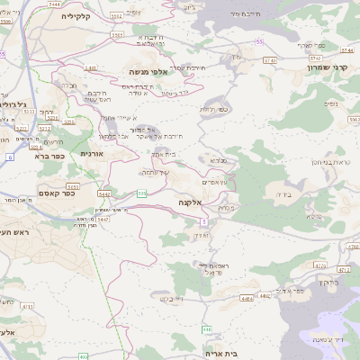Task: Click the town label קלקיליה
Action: click(x=78, y=16)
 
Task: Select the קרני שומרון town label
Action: click(x=325, y=66)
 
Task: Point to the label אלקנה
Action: click(x=192, y=204)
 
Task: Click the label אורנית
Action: click(x=92, y=155)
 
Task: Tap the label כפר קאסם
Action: click(x=57, y=191)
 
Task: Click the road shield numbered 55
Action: click(x=260, y=41)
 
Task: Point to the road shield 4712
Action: click(x=343, y=270)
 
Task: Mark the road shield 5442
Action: click(x=104, y=193)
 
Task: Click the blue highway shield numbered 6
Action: click(x=10, y=157)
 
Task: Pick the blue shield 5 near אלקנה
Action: click(x=204, y=220)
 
